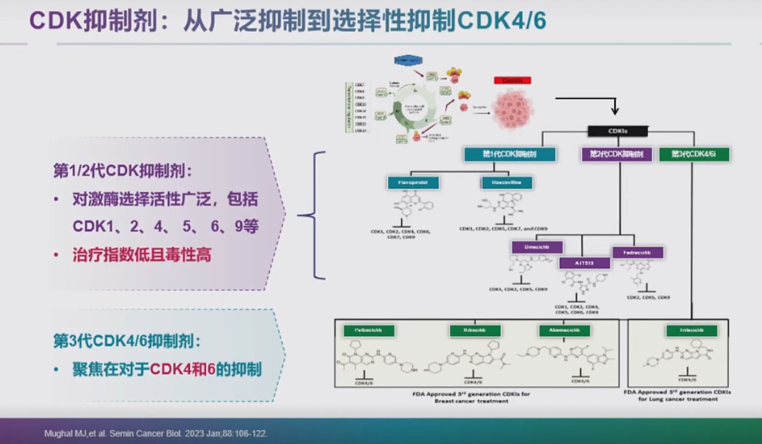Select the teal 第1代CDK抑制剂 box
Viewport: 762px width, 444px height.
510,153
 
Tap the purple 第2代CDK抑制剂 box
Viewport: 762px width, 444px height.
616,153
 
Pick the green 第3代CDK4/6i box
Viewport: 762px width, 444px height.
695,153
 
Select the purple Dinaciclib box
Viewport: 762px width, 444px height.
537,248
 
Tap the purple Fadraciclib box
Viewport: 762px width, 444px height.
637,253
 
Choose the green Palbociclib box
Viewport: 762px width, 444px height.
369,331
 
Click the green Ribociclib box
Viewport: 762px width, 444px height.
474,331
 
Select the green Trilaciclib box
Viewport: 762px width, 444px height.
691,331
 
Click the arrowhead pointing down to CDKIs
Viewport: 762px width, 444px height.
616,112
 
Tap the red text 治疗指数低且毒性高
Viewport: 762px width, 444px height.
142,253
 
